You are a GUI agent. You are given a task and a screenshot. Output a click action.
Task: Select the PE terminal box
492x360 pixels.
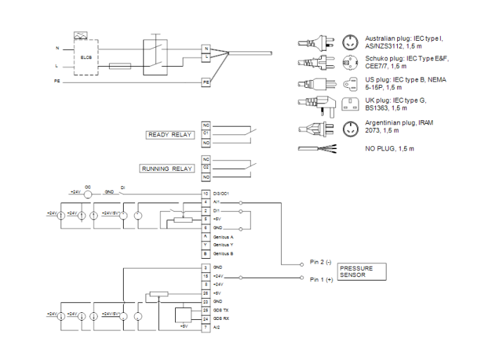[207, 82]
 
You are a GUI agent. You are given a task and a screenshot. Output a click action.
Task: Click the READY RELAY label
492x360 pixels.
[169, 135]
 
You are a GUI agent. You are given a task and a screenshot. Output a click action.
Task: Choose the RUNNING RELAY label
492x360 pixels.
[167, 169]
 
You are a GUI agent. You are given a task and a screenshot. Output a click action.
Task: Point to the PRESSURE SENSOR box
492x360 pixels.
[361, 272]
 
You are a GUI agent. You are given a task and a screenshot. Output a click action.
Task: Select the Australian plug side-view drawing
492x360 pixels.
[316, 40]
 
